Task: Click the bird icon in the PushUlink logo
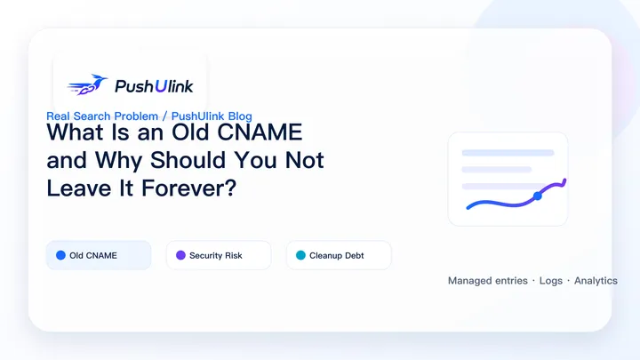87,84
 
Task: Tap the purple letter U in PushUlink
160,85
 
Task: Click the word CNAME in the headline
260,132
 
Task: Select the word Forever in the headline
189,188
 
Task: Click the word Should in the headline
188,160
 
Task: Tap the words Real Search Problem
102,116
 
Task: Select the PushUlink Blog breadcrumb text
212,116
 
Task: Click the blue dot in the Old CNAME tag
60,255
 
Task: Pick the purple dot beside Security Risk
180,255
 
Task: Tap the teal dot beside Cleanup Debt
300,255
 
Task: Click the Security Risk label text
216,255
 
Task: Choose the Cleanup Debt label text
336,255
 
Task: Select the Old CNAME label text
93,255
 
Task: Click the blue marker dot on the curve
538,196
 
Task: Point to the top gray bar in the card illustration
508,153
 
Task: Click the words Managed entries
488,281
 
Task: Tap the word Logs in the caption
551,281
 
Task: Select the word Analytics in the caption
596,281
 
